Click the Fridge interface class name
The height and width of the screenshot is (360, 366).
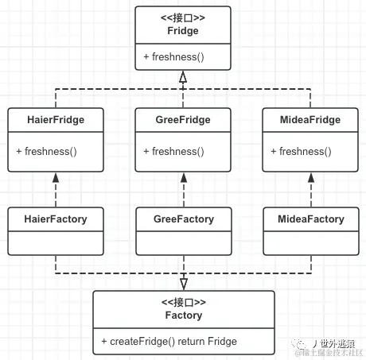(183, 31)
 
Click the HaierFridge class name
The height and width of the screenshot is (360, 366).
(55, 120)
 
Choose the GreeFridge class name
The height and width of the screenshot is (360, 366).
(183, 120)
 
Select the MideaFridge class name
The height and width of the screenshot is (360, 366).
(310, 120)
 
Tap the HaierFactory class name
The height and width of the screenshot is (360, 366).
(55, 219)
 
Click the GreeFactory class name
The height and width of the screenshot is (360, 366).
(183, 219)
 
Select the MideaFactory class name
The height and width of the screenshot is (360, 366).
(310, 219)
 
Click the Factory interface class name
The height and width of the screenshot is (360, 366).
(183, 315)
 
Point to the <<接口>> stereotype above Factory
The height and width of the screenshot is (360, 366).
(183, 303)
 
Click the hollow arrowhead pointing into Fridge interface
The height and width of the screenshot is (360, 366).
(183, 77)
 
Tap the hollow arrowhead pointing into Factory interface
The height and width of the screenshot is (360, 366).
(183, 284)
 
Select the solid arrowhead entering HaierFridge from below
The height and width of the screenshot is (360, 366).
(55, 178)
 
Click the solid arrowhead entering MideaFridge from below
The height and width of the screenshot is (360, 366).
(311, 178)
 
